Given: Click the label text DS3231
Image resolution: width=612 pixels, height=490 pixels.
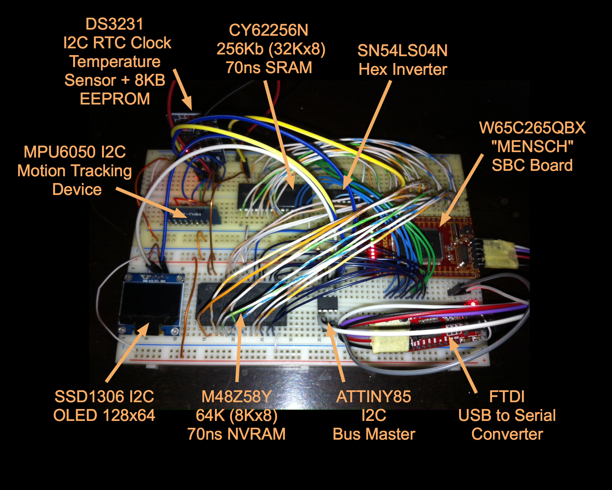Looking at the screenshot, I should point(114,24).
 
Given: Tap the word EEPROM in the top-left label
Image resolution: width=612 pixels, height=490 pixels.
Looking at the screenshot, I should point(115,99).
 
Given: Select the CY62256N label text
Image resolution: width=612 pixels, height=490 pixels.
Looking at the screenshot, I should point(269,30).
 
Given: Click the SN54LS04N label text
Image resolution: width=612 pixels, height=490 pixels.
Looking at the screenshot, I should point(403,51).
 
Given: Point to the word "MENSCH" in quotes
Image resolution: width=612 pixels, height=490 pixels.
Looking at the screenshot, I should point(532,147).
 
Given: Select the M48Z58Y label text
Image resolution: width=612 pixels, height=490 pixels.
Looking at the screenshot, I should point(237,397).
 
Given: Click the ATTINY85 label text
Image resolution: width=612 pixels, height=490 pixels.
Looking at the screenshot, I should point(374,397).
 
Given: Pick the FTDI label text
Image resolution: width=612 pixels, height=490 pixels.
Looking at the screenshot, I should point(507,397).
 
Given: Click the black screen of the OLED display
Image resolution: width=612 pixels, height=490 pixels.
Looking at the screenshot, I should point(150,303).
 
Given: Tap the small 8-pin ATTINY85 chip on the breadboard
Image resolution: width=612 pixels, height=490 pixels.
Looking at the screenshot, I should point(327,303).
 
